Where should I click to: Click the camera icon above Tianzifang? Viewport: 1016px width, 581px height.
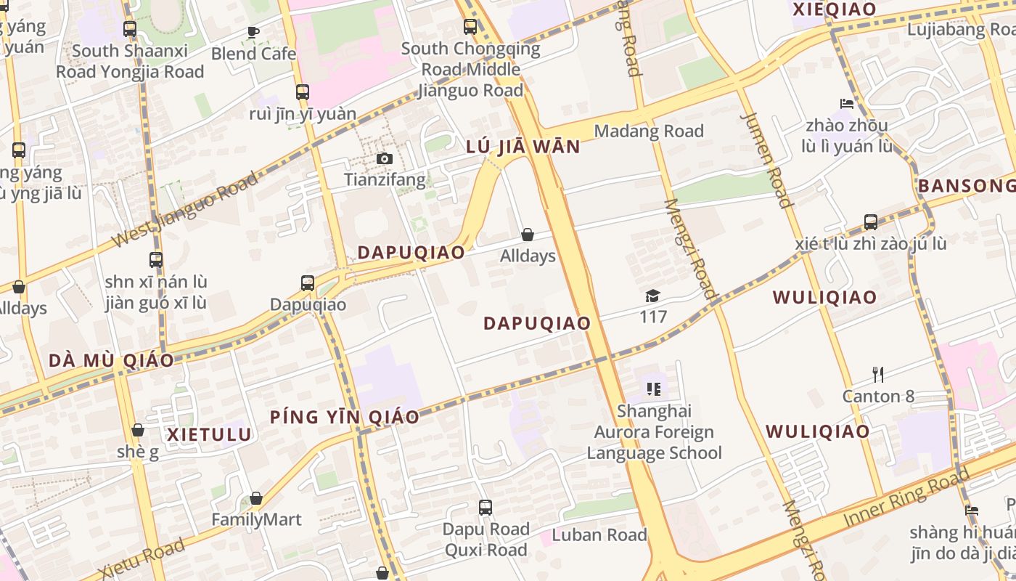(385, 159)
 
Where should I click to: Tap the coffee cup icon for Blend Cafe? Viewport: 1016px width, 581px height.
(253, 32)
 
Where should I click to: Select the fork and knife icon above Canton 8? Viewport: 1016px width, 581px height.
(878, 375)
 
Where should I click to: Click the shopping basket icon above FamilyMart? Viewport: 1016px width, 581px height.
(256, 498)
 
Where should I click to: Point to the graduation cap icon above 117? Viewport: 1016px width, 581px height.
(653, 296)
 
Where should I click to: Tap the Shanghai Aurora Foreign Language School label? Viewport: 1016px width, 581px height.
(654, 432)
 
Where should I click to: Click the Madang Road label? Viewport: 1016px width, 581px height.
(649, 131)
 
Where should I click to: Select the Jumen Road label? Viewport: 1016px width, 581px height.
(767, 160)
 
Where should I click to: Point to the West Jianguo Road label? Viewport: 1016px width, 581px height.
(186, 210)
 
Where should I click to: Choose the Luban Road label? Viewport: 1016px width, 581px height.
(599, 535)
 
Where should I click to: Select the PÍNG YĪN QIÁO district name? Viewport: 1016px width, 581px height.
(345, 417)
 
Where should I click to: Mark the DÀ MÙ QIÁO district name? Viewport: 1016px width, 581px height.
(111, 361)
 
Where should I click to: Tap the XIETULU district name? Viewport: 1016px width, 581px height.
(210, 435)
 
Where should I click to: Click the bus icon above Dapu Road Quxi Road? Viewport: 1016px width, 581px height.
(485, 508)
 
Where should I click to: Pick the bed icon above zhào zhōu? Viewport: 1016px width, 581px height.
(846, 104)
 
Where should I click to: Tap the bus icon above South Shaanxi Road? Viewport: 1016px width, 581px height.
(130, 30)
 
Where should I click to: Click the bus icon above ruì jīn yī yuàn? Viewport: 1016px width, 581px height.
(303, 92)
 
